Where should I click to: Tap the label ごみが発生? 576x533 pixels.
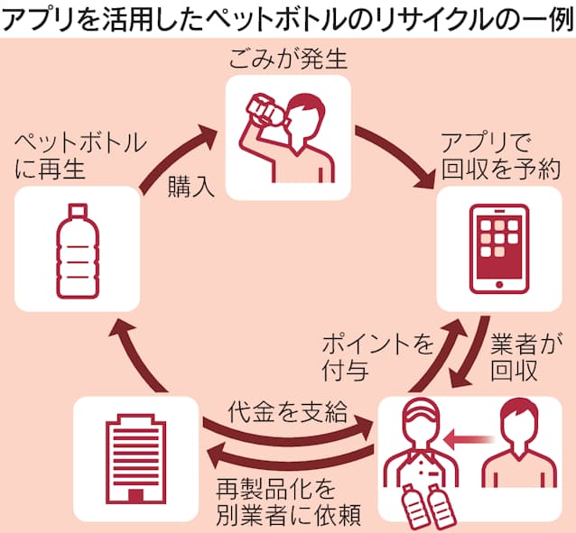(287, 62)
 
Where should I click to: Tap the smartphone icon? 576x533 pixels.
(499, 247)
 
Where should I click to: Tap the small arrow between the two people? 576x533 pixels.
(469, 440)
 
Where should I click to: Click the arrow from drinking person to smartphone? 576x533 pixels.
(397, 153)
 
